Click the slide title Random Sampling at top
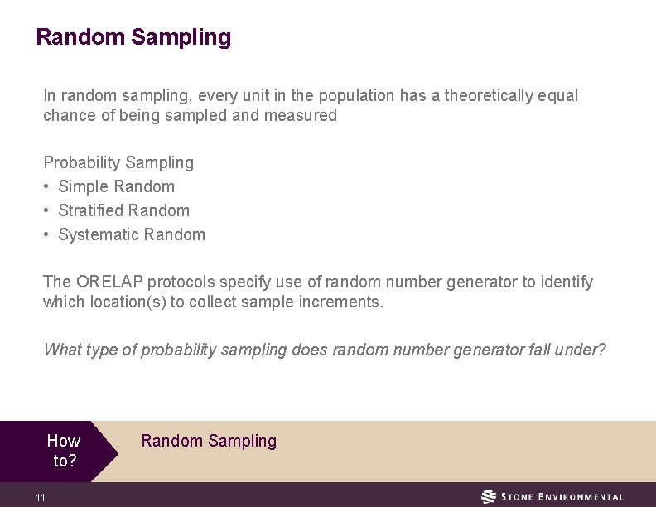(x=133, y=37)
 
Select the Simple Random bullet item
(x=116, y=186)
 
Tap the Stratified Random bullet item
(x=123, y=210)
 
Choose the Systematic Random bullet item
(x=132, y=234)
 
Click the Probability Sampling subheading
(x=118, y=162)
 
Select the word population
(x=359, y=96)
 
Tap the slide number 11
(x=41, y=497)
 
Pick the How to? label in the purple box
(x=64, y=451)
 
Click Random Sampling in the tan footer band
(x=209, y=441)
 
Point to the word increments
(x=340, y=302)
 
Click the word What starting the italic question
(x=61, y=350)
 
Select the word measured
(x=300, y=116)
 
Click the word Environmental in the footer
(x=579, y=497)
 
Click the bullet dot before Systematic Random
(x=47, y=234)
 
